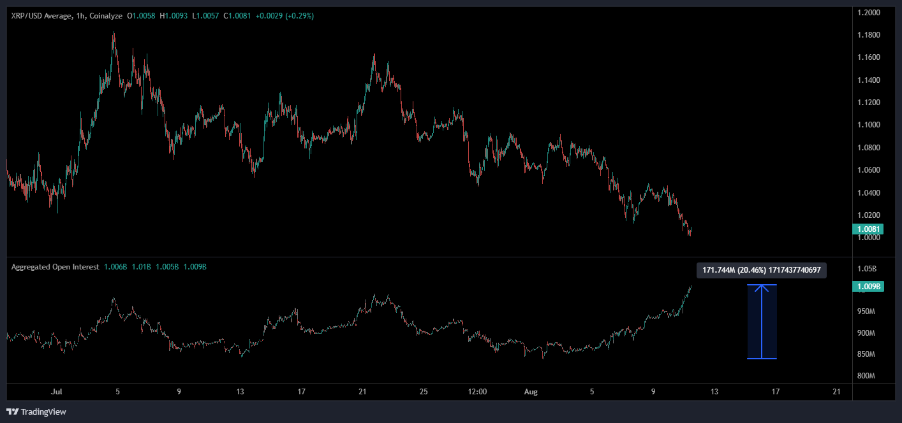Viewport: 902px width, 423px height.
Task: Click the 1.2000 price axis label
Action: coord(869,13)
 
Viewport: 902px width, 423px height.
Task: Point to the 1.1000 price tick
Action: coord(869,125)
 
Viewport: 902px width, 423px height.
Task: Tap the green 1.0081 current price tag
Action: coord(868,229)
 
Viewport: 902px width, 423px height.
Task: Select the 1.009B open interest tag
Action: coord(868,286)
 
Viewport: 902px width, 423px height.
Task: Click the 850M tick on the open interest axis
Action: coord(866,354)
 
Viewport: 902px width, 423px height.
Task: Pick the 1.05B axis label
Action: coord(866,269)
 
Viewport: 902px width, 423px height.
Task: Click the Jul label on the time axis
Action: coord(56,392)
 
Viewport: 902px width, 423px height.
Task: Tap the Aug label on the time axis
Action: coord(531,392)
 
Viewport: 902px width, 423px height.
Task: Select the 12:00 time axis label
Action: coord(477,392)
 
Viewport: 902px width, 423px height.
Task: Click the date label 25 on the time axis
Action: coord(424,392)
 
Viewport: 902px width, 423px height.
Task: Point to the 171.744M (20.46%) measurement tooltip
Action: coord(762,270)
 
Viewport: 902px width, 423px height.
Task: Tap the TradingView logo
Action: coord(36,412)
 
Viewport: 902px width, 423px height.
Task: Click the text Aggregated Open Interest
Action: coord(55,267)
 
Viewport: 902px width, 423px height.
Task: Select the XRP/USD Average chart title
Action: coord(42,16)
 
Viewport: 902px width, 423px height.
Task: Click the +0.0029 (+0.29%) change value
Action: coord(285,16)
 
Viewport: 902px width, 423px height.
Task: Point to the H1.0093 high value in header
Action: coord(174,16)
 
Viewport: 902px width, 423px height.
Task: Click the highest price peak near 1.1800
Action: coord(114,33)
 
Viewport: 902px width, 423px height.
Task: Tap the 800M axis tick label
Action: coord(866,376)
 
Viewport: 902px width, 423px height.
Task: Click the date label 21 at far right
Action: coord(836,392)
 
